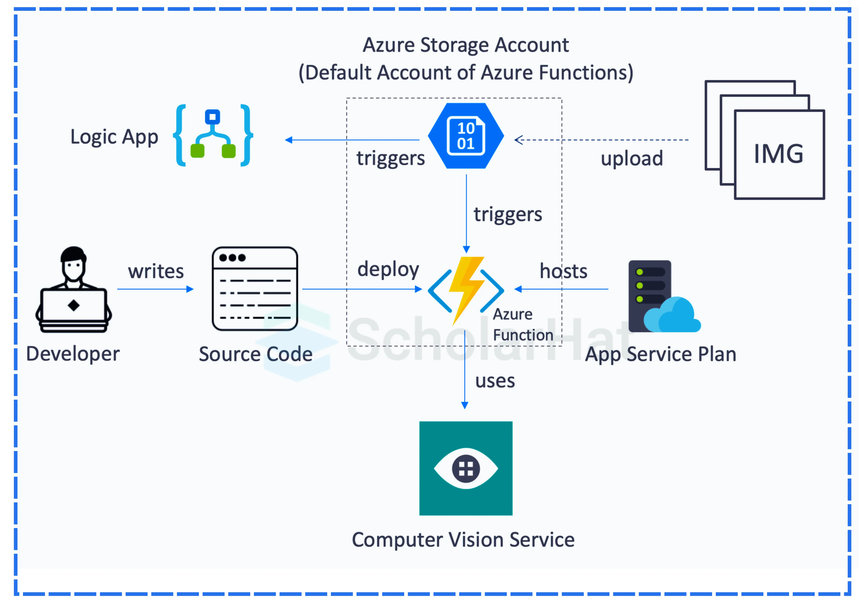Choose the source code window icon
pyautogui.click(x=255, y=289)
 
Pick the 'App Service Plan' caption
pyautogui.click(x=660, y=354)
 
